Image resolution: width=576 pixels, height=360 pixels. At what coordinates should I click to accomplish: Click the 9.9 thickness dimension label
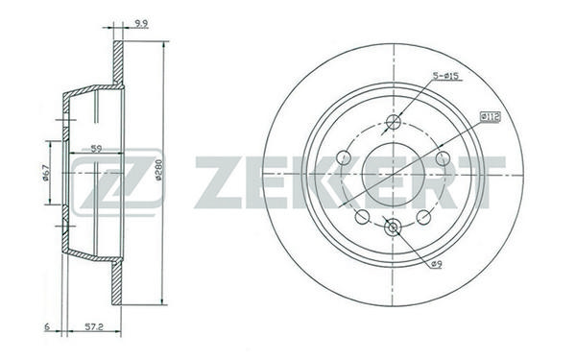point(141,24)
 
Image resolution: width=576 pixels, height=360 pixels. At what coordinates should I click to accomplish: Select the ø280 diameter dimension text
point(158,170)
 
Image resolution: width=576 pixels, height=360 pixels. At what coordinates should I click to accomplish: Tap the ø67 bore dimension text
point(46,173)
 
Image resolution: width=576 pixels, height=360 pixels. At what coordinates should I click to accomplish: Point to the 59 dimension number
point(96,149)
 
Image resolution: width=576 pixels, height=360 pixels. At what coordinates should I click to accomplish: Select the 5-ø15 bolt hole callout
point(445,76)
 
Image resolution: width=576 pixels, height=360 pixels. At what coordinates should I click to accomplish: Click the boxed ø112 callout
point(491,117)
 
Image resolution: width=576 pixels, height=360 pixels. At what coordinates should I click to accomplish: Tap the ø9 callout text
point(437,264)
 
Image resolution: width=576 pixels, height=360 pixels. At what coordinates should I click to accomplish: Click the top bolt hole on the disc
point(393,121)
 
